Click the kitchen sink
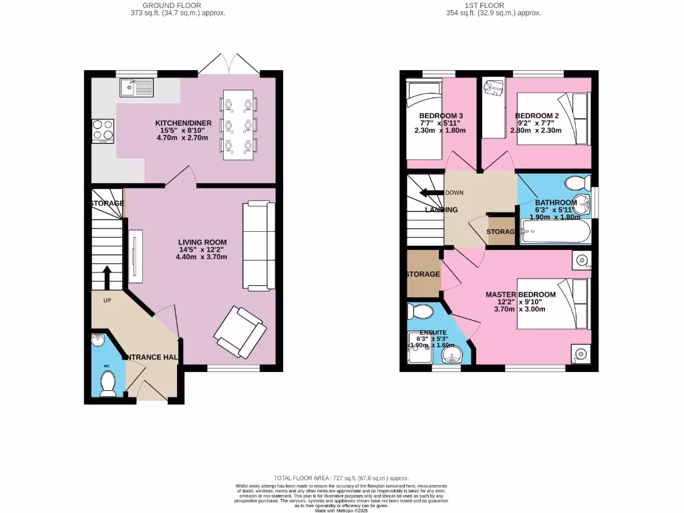[136, 87]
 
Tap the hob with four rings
[103, 131]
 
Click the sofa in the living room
[259, 244]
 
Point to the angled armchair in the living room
[239, 331]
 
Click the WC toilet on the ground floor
[107, 382]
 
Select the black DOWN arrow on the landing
[432, 193]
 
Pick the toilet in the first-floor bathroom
[576, 182]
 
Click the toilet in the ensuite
[421, 311]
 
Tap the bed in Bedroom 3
[425, 120]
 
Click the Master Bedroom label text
[520, 295]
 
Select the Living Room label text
[202, 242]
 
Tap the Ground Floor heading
[186, 5]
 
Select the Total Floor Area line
[341, 478]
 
